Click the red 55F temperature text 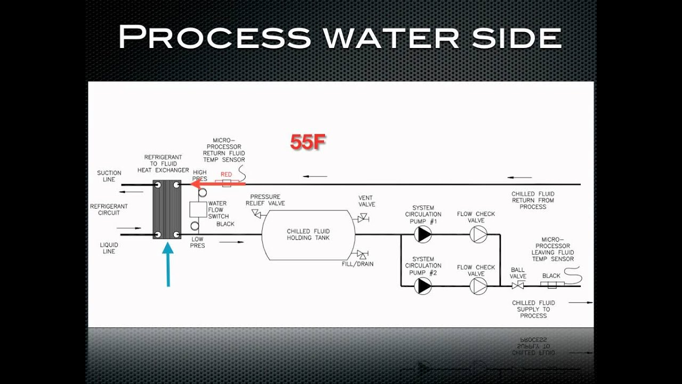[307, 142]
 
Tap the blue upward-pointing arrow [168, 265]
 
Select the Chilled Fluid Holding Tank [308, 235]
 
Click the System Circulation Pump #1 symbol [424, 234]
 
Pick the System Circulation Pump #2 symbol [424, 286]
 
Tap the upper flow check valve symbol [478, 234]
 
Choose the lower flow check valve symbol [478, 286]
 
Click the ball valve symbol [517, 286]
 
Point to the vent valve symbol [363, 218]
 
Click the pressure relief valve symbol [256, 214]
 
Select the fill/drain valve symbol [363, 254]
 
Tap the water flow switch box [198, 209]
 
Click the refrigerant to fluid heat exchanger [167, 209]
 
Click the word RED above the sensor [226, 174]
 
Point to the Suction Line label [109, 176]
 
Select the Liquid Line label [109, 248]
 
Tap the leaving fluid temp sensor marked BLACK [552, 285]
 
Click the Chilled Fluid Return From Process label [533, 200]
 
